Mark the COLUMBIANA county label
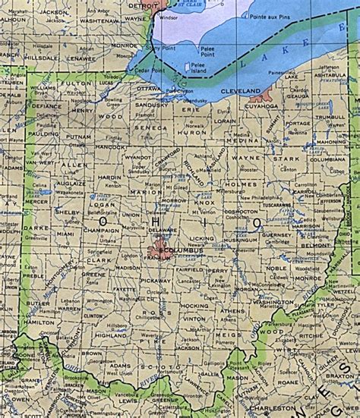[x=328, y=160]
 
